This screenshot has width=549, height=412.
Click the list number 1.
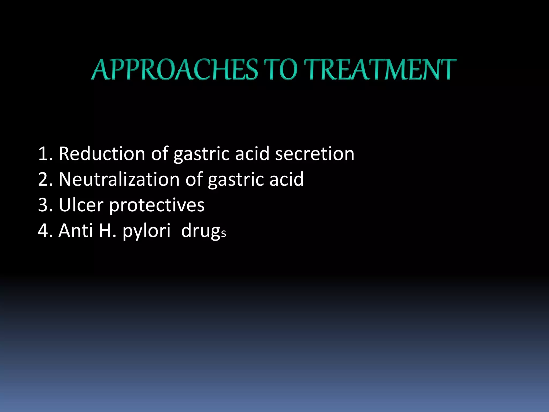(43, 154)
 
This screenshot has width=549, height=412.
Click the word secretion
(315, 154)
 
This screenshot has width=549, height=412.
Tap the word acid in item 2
(286, 179)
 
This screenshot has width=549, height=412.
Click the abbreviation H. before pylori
(107, 231)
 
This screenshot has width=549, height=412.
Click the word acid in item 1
(252, 154)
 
